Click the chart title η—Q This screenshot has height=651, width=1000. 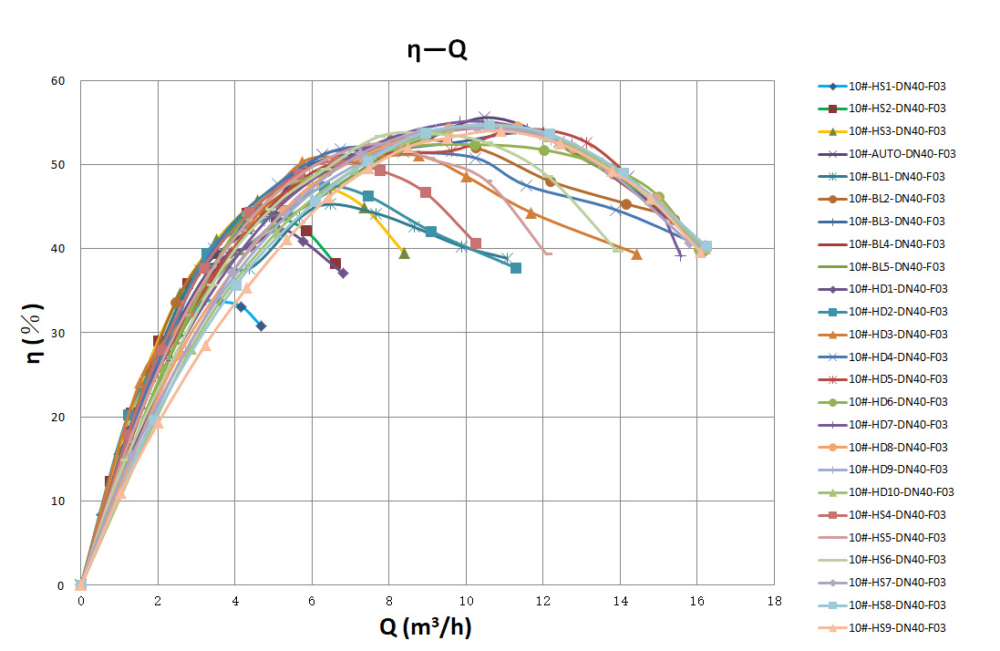(x=437, y=50)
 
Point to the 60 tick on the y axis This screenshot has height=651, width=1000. (x=58, y=81)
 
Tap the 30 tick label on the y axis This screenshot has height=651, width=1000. (x=58, y=333)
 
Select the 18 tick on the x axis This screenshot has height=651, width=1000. (x=774, y=602)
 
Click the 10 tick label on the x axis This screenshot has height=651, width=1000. (x=466, y=602)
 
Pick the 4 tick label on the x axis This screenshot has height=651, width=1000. (x=235, y=602)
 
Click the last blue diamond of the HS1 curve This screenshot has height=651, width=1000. (x=261, y=325)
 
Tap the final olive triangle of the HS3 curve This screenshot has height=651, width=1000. (x=404, y=253)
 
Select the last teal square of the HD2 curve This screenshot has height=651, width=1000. (x=515, y=268)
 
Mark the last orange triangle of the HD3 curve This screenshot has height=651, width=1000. (x=636, y=254)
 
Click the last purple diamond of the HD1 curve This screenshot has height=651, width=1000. (x=343, y=274)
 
